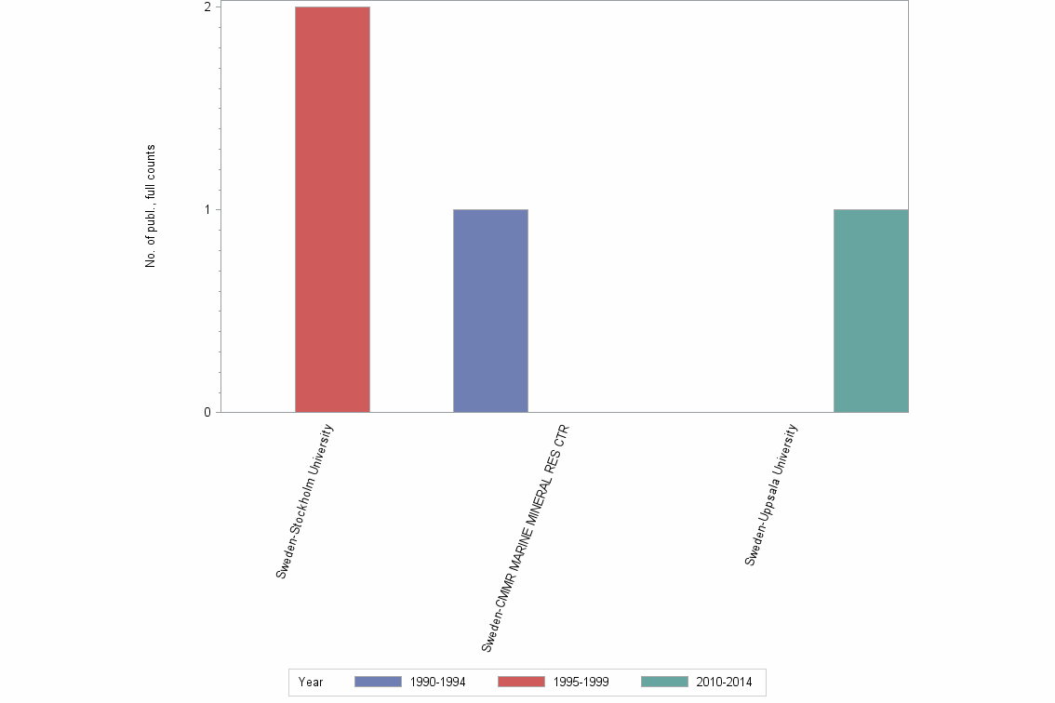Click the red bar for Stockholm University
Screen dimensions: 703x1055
[332, 209]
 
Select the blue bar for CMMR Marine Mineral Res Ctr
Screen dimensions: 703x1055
[490, 311]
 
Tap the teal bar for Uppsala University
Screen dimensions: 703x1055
[871, 311]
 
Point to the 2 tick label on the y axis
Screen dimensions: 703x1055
[209, 7]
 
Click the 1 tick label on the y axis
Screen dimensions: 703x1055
[209, 209]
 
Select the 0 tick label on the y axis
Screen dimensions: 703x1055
[209, 412]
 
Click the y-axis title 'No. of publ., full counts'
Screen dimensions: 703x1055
[150, 206]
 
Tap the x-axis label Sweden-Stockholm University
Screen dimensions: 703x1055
[305, 501]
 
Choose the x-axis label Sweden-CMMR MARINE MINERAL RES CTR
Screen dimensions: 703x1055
[525, 539]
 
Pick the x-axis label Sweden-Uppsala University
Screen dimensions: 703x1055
[771, 495]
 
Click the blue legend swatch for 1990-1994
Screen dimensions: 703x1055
[378, 683]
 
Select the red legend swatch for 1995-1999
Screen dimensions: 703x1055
[521, 683]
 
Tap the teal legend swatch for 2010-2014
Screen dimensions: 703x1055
[664, 683]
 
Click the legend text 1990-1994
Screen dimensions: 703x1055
[437, 683]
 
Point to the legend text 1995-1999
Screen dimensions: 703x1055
[581, 683]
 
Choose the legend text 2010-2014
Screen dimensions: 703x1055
[724, 683]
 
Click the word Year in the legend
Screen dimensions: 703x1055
[311, 683]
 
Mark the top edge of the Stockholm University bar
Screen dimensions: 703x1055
[332, 7]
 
